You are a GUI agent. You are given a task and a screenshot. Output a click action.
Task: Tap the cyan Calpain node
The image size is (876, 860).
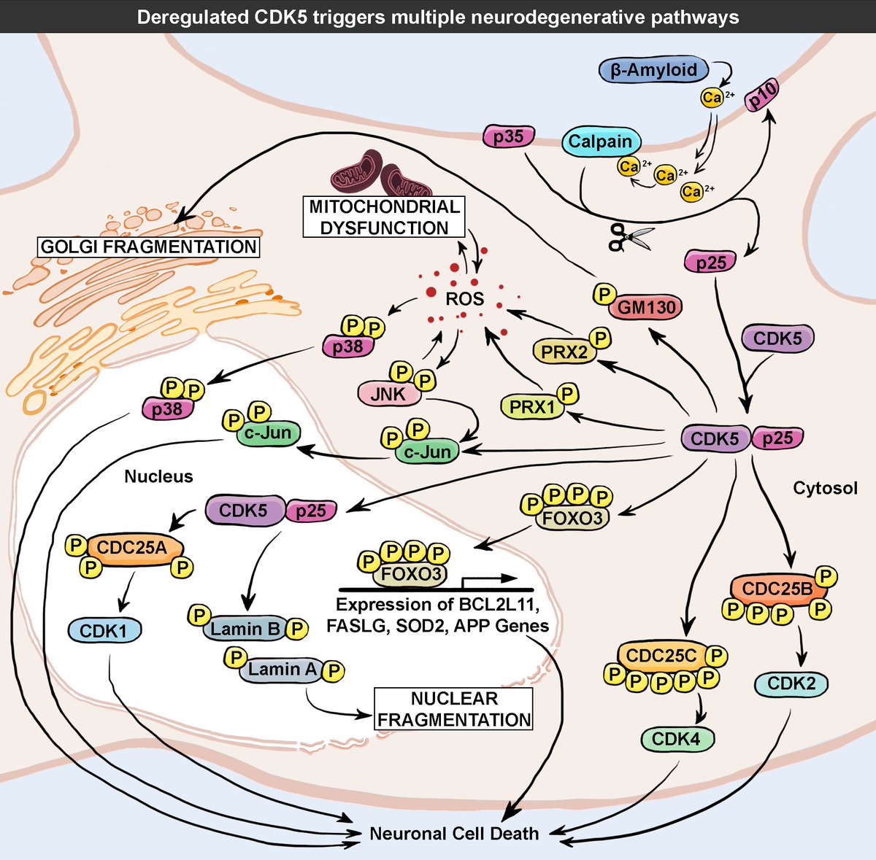tap(600, 142)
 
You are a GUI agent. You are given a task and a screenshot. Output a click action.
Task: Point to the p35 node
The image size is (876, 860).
tap(508, 137)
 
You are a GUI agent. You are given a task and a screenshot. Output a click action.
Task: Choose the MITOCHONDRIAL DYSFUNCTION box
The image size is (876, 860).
tap(384, 217)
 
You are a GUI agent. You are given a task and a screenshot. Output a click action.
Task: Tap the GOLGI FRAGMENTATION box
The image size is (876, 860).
tap(149, 247)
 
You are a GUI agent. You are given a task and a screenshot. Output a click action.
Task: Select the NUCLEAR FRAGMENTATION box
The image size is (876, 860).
tap(453, 709)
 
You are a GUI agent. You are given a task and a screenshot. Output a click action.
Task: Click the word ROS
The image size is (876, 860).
tap(464, 298)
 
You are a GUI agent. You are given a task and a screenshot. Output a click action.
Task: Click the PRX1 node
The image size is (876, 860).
tap(533, 406)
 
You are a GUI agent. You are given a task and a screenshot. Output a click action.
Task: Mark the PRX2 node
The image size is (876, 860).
tap(564, 352)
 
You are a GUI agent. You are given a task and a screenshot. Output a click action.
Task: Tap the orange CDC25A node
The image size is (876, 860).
tap(131, 547)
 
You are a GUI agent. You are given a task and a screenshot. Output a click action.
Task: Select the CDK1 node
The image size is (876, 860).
tap(104, 631)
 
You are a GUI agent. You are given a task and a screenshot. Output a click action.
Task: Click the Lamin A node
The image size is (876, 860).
tap(282, 669)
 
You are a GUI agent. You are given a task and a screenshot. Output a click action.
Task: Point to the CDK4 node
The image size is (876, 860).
tap(676, 739)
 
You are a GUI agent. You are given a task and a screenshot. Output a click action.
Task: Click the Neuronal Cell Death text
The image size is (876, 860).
tap(454, 833)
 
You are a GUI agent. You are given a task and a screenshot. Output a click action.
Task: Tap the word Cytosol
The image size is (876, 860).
tap(825, 488)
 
